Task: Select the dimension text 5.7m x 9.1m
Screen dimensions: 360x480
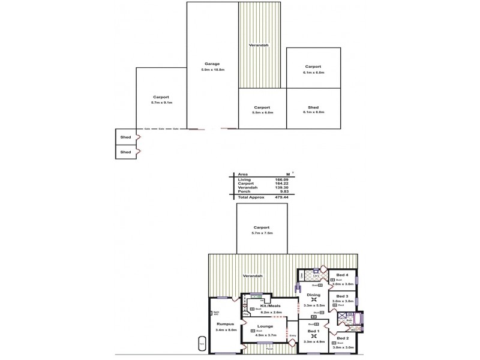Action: tap(160, 103)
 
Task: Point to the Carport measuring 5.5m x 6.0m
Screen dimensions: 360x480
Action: tap(263, 112)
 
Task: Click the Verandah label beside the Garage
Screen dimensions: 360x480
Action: tap(259, 45)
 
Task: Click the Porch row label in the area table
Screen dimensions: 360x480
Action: tap(244, 192)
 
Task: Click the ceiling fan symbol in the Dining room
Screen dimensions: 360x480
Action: tap(313, 299)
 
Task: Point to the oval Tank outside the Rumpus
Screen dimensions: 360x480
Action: tap(202, 344)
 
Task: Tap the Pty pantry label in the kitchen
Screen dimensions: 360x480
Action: tap(246, 314)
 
